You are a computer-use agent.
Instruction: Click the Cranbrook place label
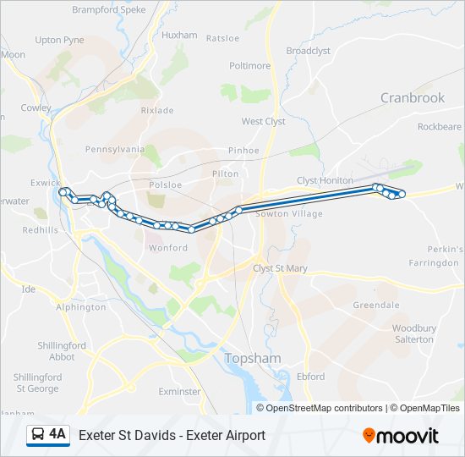pyautogui.click(x=412, y=98)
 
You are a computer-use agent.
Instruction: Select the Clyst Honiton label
pyautogui.click(x=325, y=180)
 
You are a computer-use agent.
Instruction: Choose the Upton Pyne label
pyautogui.click(x=59, y=40)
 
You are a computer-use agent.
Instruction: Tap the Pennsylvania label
pyautogui.click(x=115, y=149)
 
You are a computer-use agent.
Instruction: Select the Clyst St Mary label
pyautogui.click(x=281, y=268)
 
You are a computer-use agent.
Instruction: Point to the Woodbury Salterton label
pyautogui.click(x=413, y=333)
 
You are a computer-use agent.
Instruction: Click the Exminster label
pyautogui.click(x=179, y=392)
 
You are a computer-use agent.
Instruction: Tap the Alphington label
pyautogui.click(x=80, y=307)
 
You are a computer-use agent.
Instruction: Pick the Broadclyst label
pyautogui.click(x=308, y=51)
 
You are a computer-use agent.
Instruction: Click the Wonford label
pyautogui.click(x=167, y=248)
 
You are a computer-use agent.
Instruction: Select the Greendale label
pyautogui.click(x=375, y=305)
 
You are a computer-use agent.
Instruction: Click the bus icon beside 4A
pyautogui.click(x=38, y=435)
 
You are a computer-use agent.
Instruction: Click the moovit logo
pyautogui.click(x=401, y=436)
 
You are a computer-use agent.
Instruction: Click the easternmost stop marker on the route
pyautogui.click(x=402, y=195)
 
